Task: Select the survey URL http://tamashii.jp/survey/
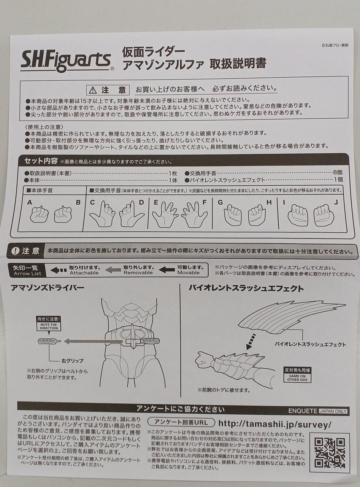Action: point(275,423)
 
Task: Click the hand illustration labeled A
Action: point(39,215)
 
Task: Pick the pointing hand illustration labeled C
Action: point(102,214)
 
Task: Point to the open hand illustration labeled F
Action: point(194,215)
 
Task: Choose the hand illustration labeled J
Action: point(324,216)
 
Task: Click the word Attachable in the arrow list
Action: point(84,273)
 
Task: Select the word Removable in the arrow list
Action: point(138,273)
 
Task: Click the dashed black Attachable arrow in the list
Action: point(59,270)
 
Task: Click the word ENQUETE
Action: point(303,411)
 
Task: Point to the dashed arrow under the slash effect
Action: point(251,341)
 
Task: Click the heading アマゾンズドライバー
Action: point(48,288)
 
